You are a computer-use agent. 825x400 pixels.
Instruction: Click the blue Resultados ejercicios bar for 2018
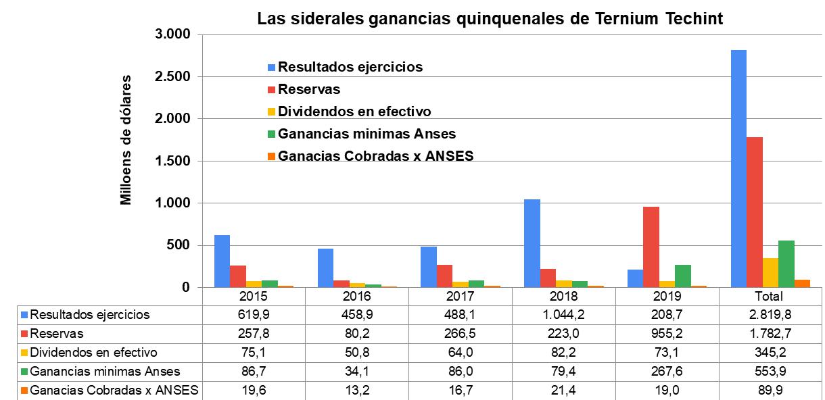click(532, 243)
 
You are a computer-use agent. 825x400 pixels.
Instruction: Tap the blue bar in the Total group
click(738, 169)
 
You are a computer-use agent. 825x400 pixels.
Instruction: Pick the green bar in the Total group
click(786, 264)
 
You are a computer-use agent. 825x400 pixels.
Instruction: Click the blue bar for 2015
click(222, 261)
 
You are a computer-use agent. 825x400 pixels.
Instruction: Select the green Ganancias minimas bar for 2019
click(683, 276)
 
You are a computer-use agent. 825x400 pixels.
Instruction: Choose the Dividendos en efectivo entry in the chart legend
click(354, 111)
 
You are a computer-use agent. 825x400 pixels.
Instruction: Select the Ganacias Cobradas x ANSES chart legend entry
click(375, 155)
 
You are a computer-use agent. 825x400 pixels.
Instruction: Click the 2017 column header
click(460, 297)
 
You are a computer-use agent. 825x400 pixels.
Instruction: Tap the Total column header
click(769, 297)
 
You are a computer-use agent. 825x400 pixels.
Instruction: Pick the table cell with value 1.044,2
click(563, 315)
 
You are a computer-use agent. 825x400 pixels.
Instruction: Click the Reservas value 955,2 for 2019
click(666, 334)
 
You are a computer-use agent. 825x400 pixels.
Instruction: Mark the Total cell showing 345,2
click(769, 353)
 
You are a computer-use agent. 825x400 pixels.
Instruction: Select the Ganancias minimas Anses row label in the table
click(105, 371)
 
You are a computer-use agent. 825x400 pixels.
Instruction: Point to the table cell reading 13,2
click(356, 390)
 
